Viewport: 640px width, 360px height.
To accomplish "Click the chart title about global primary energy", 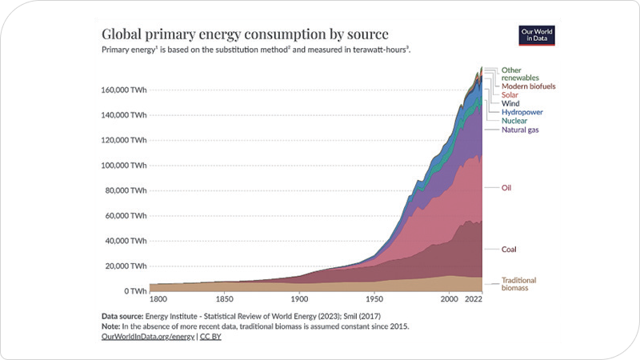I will tap(245, 34).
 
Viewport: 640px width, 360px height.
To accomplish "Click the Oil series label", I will tap(506, 188).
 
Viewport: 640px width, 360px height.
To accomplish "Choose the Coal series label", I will tap(509, 249).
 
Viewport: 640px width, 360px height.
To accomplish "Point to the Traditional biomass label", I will tap(518, 283).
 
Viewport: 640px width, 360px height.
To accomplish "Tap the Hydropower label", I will tap(522, 112).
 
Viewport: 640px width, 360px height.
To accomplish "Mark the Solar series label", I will tap(510, 94).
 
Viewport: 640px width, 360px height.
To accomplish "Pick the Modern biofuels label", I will tap(528, 86).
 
